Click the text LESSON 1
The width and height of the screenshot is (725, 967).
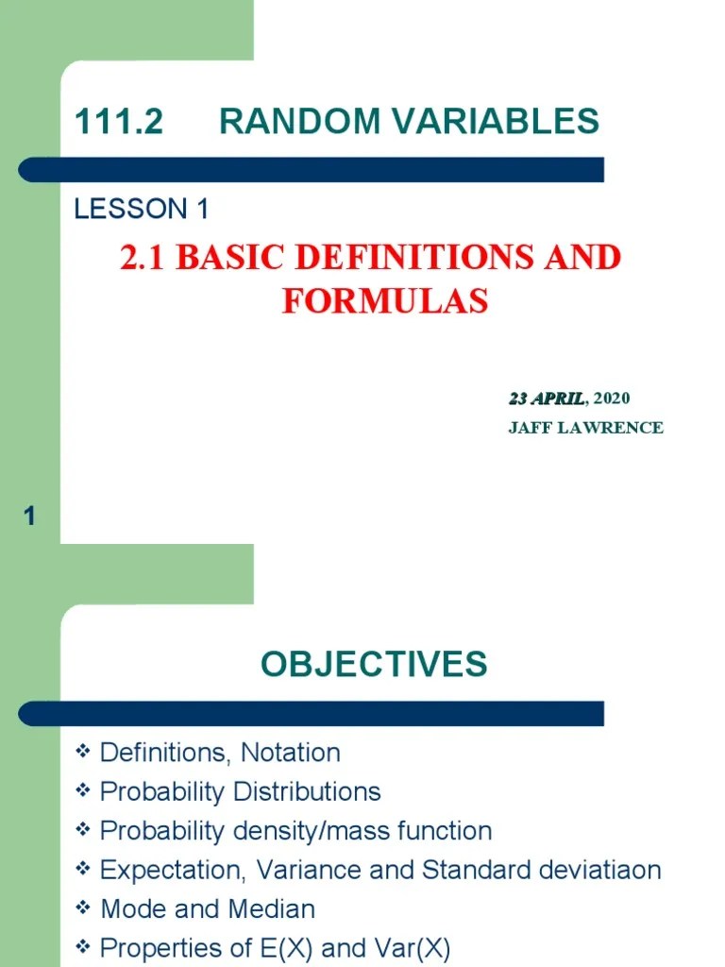(x=142, y=210)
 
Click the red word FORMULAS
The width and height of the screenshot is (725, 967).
(x=384, y=300)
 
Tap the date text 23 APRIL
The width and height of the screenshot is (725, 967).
(x=547, y=399)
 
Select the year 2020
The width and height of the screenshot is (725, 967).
(x=612, y=399)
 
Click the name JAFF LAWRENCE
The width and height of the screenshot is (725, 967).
(x=585, y=428)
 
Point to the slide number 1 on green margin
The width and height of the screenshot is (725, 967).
(x=29, y=517)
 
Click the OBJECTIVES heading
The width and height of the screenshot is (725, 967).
(x=374, y=665)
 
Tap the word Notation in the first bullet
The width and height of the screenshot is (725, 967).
(x=291, y=753)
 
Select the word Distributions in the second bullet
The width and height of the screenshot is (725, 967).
(x=308, y=791)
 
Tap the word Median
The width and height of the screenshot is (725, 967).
(x=275, y=909)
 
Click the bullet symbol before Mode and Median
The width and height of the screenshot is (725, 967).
(x=82, y=908)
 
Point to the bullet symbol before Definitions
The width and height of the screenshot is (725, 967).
(x=82, y=752)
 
